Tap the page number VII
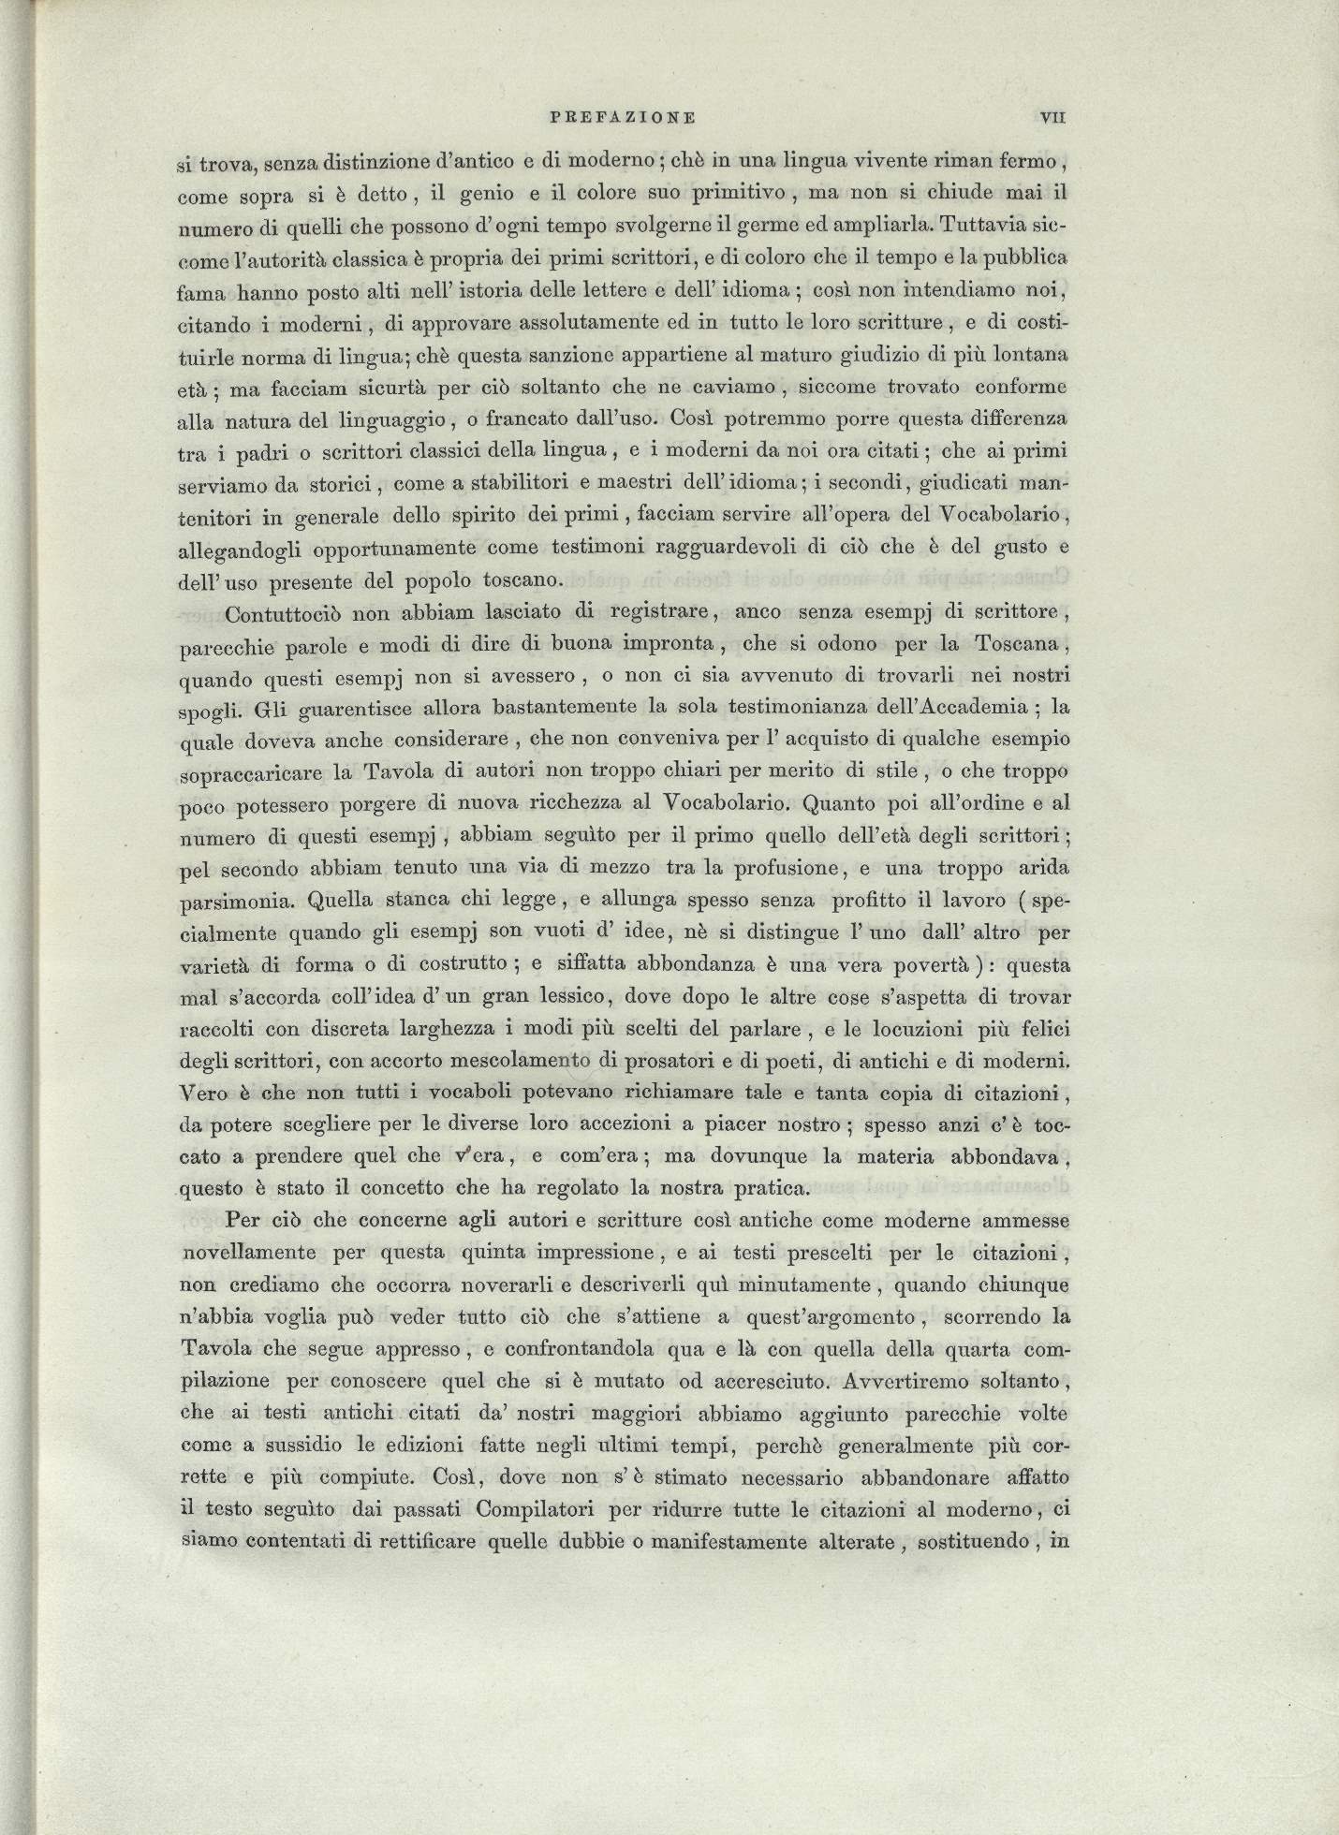coord(1053,118)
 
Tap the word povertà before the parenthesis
coord(943,964)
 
